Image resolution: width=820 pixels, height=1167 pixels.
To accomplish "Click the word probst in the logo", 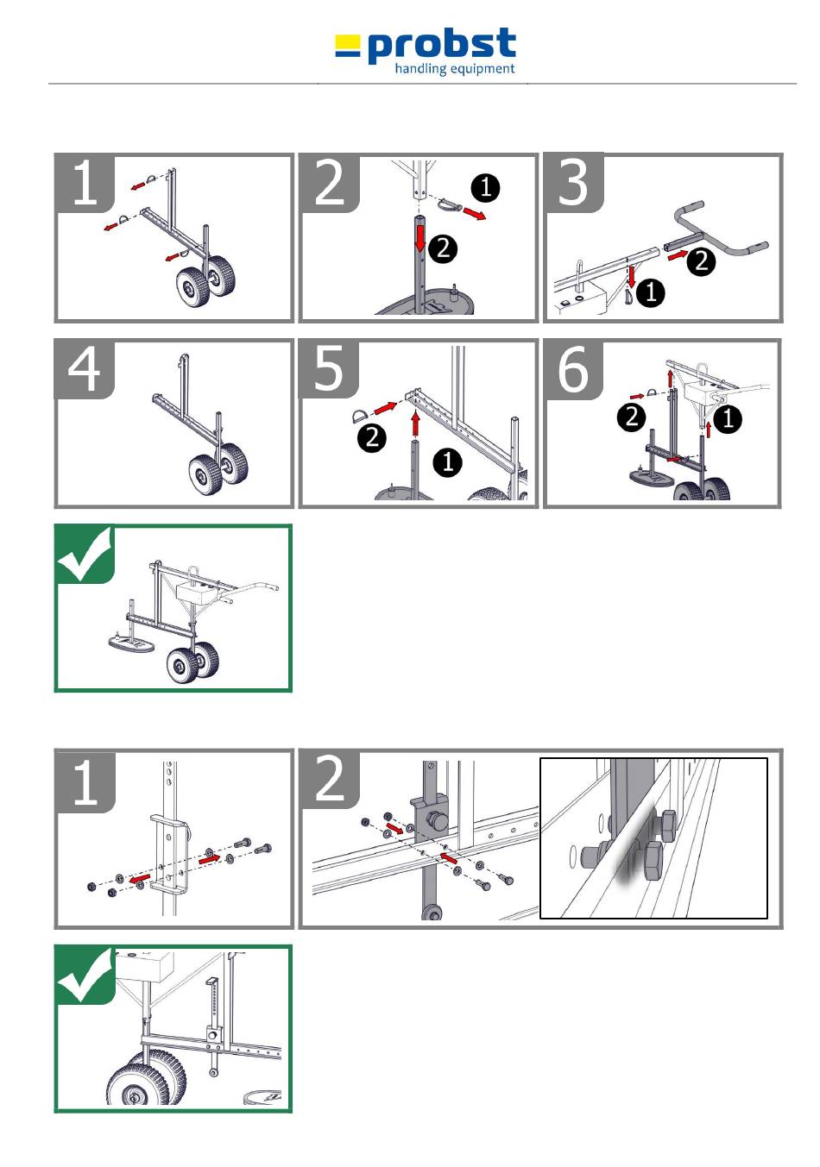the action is tap(441, 46).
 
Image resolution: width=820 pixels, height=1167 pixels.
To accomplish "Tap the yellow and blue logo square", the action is tap(347, 46).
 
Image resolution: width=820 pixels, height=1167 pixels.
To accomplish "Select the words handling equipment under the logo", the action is tap(454, 69).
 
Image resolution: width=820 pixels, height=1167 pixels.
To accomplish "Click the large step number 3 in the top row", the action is tap(572, 182).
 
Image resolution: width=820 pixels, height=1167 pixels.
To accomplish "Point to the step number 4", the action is tap(84, 369).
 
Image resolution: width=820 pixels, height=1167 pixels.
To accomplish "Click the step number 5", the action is tap(329, 368).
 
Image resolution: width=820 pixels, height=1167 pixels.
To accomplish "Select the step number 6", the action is tap(573, 369).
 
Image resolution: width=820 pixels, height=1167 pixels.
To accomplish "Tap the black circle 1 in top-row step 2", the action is tap(485, 187).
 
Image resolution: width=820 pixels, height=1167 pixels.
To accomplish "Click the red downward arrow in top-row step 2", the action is tap(420, 239).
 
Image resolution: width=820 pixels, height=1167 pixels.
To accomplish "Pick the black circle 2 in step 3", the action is tap(701, 260).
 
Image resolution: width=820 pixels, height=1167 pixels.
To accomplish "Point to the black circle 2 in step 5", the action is tap(372, 436).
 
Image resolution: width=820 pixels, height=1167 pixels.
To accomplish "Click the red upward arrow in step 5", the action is tap(415, 423).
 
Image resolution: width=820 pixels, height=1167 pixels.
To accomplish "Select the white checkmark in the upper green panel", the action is tap(84, 553).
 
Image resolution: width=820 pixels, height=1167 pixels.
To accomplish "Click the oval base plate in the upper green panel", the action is tap(131, 643).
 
